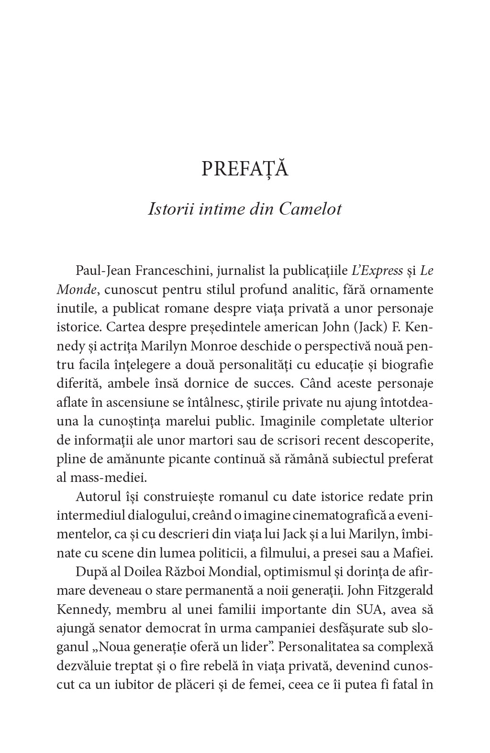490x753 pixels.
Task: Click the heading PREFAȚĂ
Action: click(x=245, y=169)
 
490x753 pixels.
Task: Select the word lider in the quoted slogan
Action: click(x=245, y=646)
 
